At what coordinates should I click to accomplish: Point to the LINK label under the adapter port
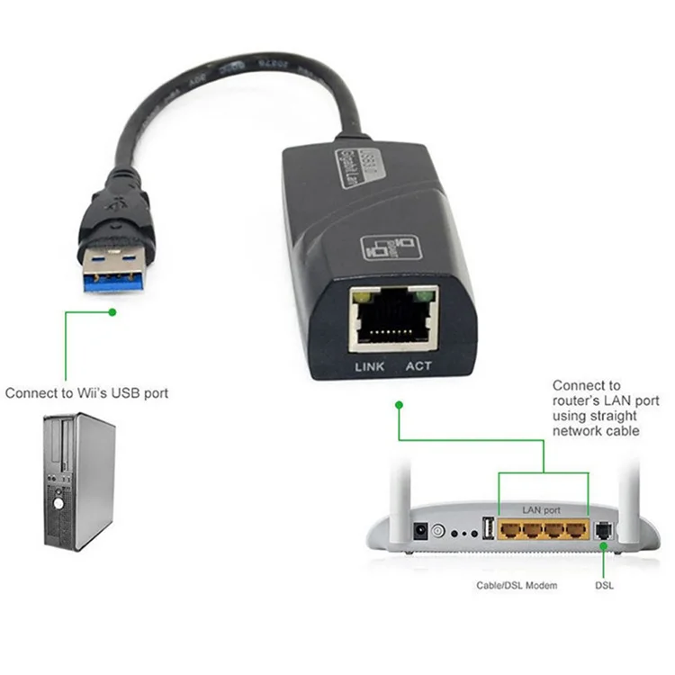click(370, 366)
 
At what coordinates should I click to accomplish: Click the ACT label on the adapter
click(419, 366)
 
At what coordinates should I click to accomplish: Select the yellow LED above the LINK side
click(362, 294)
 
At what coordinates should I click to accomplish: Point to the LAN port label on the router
click(543, 510)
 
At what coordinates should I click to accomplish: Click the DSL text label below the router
click(605, 586)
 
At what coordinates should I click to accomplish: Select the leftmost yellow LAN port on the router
click(509, 529)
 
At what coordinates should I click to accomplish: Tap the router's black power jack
click(418, 532)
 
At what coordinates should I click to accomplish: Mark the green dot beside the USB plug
click(112, 312)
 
